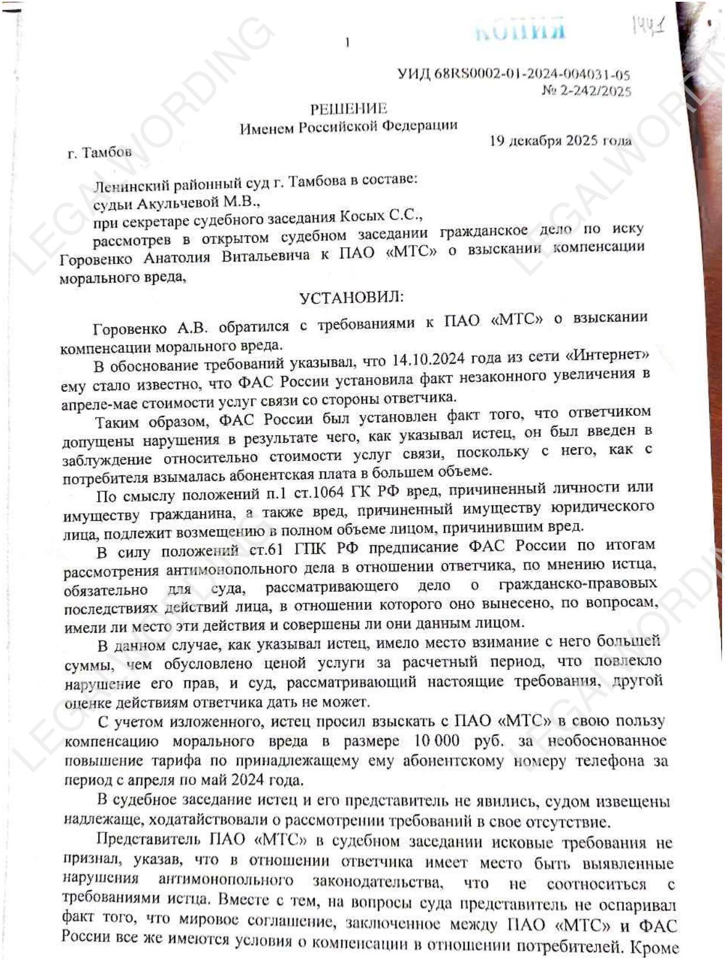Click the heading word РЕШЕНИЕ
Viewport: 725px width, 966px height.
[x=348, y=109]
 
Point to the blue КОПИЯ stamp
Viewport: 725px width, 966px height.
[x=520, y=29]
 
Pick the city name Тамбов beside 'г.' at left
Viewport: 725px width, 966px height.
[x=107, y=152]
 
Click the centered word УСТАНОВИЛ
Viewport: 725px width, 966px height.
[x=351, y=298]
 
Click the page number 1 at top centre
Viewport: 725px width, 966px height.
[x=348, y=42]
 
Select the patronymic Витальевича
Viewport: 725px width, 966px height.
[x=265, y=255]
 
